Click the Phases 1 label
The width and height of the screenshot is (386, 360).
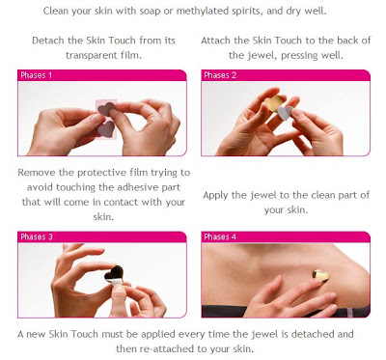point(36,75)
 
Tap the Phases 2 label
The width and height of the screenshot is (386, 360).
point(220,75)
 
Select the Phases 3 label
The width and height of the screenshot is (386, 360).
point(37,237)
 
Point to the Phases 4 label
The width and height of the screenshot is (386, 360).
point(220,237)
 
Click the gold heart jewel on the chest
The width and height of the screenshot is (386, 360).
point(321,276)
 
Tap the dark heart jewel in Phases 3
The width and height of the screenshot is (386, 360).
point(114,273)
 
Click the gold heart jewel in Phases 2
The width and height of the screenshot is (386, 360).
point(273,102)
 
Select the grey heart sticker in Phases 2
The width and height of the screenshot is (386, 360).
point(286,113)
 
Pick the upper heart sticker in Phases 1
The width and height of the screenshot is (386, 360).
point(106,109)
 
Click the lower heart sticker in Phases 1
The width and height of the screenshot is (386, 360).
point(106,128)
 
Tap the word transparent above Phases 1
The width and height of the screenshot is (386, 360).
point(87,55)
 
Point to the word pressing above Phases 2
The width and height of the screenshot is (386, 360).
point(299,56)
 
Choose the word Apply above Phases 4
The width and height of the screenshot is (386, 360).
point(215,196)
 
